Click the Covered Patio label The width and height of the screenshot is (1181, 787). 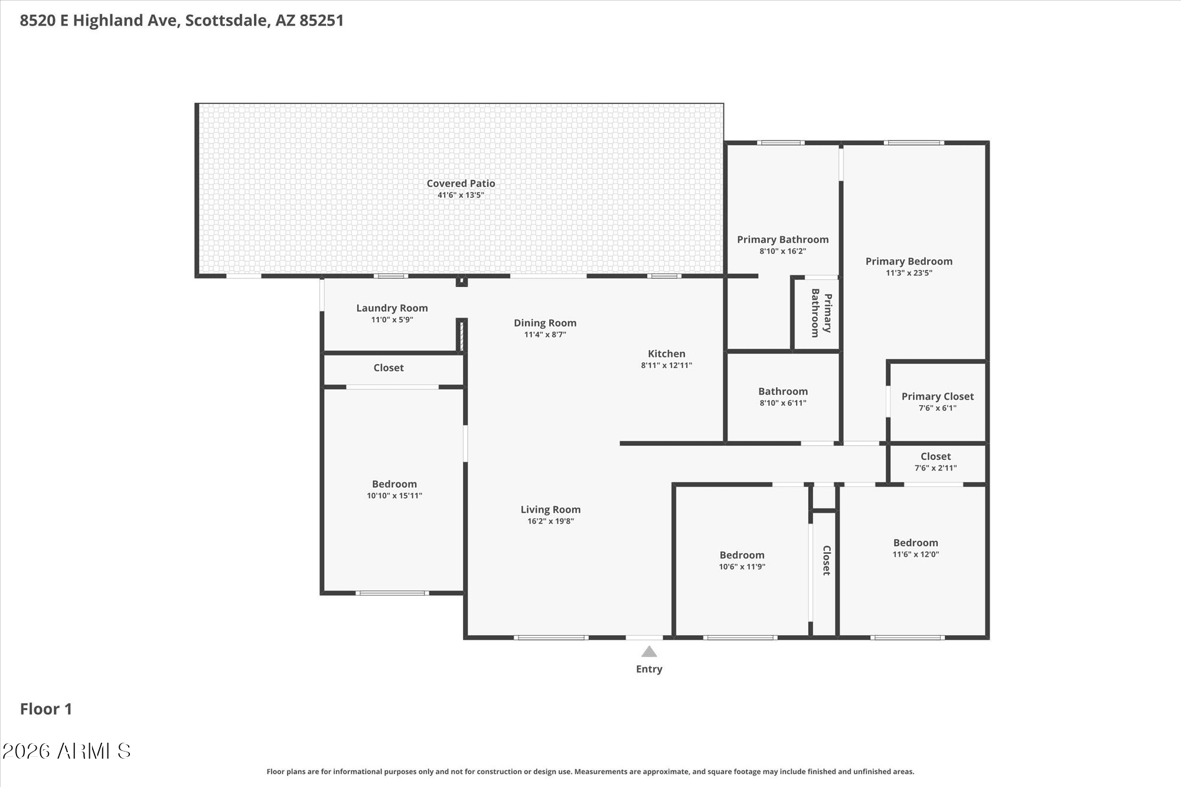tap(461, 184)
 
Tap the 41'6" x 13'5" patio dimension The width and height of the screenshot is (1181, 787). tap(461, 195)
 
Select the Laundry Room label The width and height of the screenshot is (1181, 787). tap(392, 308)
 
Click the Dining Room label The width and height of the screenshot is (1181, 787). tap(544, 323)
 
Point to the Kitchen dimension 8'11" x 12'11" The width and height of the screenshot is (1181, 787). tap(666, 365)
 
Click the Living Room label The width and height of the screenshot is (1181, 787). tap(550, 510)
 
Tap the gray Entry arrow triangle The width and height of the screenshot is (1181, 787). tap(649, 652)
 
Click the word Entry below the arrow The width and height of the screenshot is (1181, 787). tap(649, 669)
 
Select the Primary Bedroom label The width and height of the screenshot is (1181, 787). tap(909, 262)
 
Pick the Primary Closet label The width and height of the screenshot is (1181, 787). tap(937, 397)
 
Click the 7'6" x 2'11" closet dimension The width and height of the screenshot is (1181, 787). tap(935, 468)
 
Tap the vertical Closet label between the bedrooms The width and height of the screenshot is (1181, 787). tap(826, 560)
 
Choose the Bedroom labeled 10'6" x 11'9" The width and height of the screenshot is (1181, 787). tap(742, 555)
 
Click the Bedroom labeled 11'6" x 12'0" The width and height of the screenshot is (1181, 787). tap(915, 543)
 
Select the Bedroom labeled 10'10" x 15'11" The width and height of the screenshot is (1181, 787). tap(394, 484)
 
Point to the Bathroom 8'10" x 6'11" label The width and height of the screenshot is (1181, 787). tap(782, 391)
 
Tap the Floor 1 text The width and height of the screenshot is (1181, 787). tap(46, 709)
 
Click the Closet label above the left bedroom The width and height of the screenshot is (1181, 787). tap(389, 368)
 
